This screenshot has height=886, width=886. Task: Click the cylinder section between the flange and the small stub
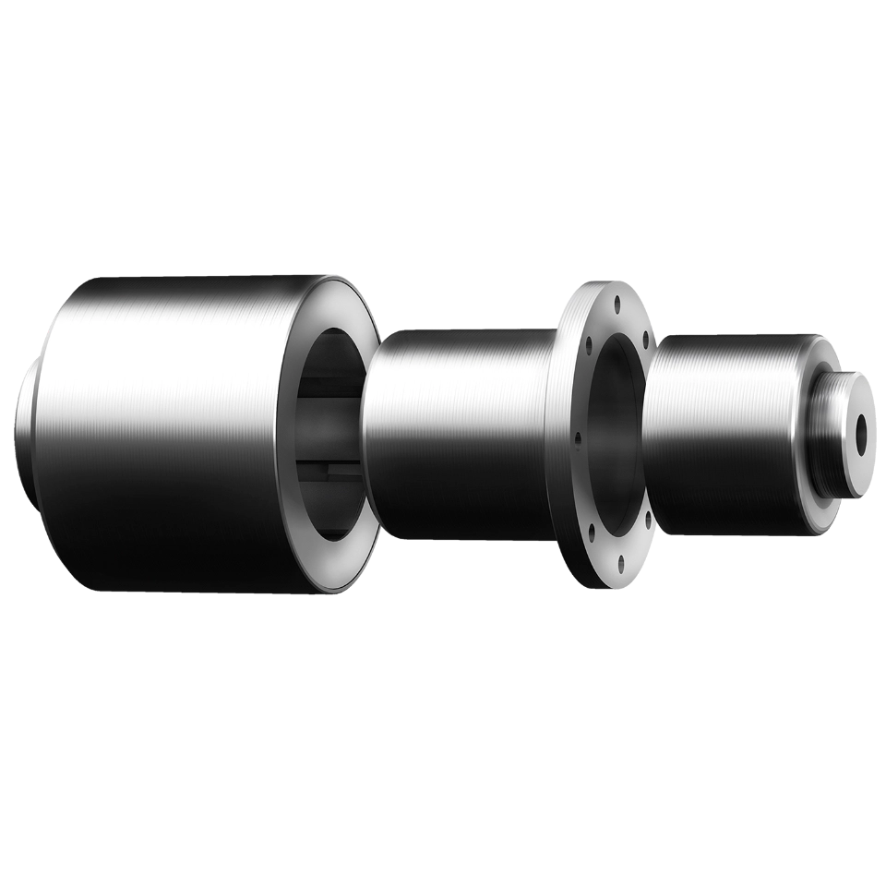tap(720, 434)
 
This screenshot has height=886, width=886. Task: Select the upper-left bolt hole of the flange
tap(587, 345)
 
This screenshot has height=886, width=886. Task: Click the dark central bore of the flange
tap(613, 434)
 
